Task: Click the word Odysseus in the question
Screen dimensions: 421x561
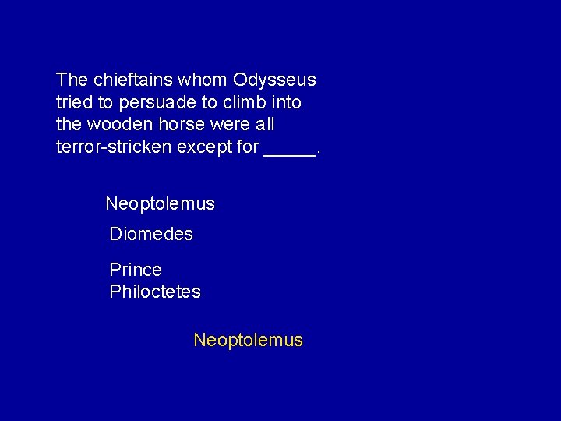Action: pos(272,80)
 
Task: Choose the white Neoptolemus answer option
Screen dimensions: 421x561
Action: pos(160,204)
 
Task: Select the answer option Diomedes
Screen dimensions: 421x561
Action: pos(151,233)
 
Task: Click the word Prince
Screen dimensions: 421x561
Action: pos(136,270)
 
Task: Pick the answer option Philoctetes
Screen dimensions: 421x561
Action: pos(155,292)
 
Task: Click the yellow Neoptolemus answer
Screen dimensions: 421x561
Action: pos(248,341)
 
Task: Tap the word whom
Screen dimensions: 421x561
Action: pos(201,80)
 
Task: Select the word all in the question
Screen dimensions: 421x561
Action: pos(265,125)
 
